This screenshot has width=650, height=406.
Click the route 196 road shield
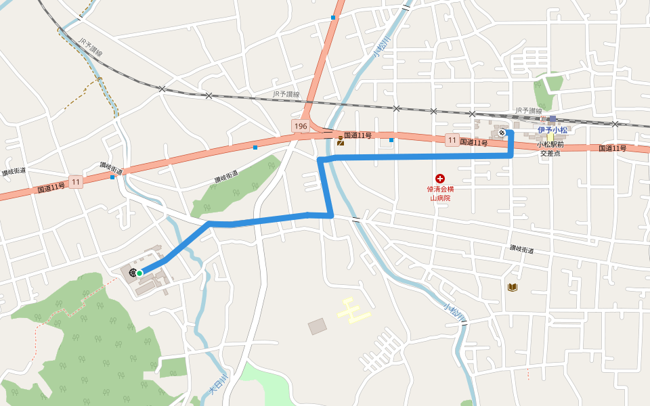point(301,127)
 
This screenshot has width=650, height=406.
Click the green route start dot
point(139,273)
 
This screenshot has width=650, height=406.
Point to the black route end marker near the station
point(502,133)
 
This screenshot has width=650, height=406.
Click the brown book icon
point(512,288)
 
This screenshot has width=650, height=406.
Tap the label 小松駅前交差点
point(550,149)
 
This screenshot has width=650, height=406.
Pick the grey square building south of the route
point(317,327)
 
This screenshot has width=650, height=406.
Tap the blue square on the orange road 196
point(333,18)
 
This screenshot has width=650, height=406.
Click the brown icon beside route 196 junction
point(340,141)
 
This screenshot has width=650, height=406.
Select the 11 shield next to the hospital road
point(452,140)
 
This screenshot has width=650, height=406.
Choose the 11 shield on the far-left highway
point(75,182)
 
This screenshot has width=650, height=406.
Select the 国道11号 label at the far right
point(612,148)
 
